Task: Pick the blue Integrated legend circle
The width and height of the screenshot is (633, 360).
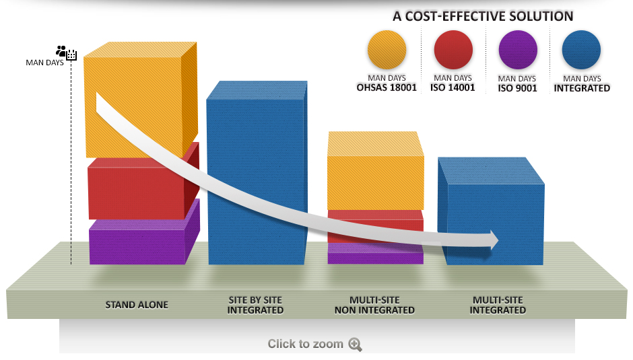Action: (x=581, y=50)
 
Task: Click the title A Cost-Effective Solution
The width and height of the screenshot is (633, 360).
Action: (x=483, y=16)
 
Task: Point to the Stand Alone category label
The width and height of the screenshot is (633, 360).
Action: (x=137, y=305)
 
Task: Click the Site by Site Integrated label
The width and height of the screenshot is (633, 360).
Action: (x=255, y=305)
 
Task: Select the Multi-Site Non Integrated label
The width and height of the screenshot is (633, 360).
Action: (x=374, y=305)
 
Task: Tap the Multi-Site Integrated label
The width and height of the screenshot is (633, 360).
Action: (x=498, y=305)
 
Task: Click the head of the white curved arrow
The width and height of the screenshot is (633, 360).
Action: (x=493, y=240)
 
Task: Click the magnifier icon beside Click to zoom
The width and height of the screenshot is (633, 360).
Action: (x=356, y=345)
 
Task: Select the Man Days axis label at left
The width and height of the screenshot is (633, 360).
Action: (x=45, y=63)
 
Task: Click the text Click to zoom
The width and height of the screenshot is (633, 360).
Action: (x=305, y=344)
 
